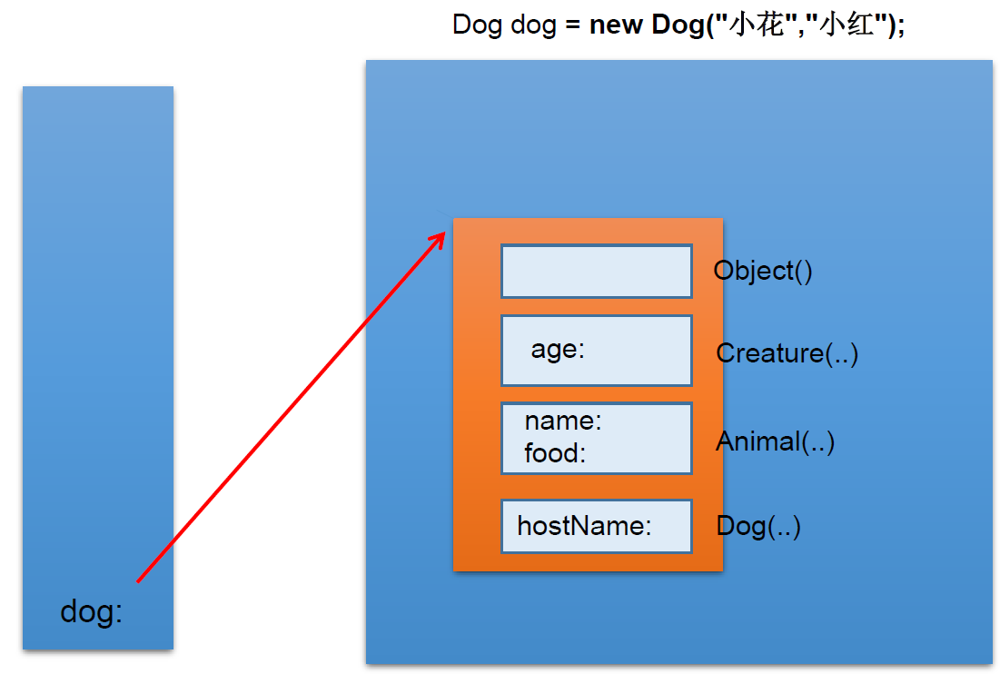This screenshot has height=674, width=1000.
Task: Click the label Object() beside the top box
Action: point(763,272)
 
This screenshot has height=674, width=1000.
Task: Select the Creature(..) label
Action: point(787,353)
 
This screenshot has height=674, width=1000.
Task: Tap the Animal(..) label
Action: point(775,441)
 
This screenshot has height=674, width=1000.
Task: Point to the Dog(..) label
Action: point(758,527)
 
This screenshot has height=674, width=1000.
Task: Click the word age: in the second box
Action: point(558,350)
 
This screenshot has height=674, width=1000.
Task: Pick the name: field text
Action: point(563,421)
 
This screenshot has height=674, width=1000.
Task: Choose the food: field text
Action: point(555,453)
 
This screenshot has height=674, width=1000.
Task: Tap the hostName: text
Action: point(584,526)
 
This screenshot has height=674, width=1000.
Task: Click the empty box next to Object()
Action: point(597,271)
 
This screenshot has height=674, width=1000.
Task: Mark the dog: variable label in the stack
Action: point(91,612)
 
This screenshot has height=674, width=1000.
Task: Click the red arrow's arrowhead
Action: point(439,240)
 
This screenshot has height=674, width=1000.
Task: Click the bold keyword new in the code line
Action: point(616,25)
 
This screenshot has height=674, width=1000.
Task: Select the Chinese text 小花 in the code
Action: point(755,25)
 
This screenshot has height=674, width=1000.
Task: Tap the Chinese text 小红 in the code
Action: point(846,25)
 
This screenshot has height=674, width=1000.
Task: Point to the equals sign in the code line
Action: point(573,25)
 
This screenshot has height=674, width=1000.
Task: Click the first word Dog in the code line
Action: point(478,25)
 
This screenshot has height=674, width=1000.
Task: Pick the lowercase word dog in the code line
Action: point(534,25)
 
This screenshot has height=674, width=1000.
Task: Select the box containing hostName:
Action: point(597,526)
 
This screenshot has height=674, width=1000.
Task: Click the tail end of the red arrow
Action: point(138,581)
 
